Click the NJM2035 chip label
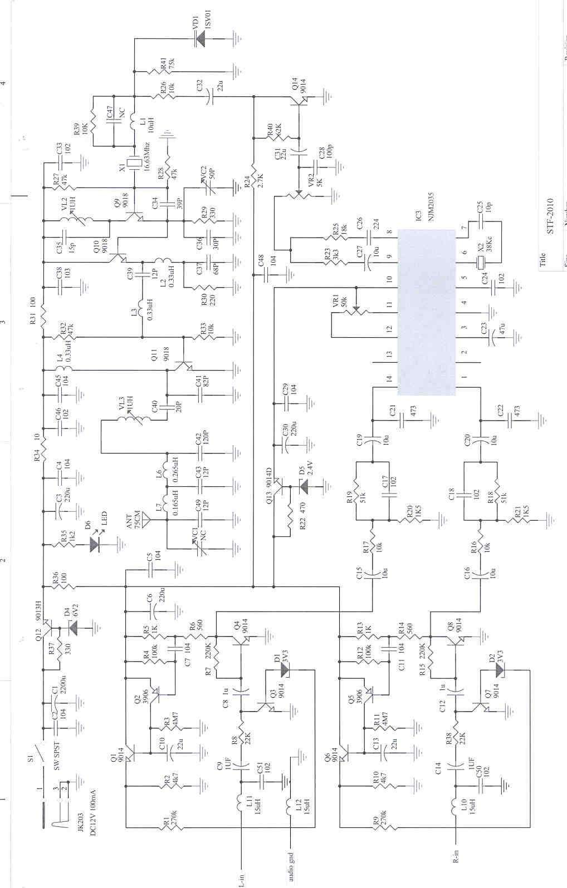431,207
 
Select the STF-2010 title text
550,216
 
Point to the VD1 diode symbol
200,38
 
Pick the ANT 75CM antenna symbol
146,520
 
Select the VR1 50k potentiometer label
340,302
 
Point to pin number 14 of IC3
389,378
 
